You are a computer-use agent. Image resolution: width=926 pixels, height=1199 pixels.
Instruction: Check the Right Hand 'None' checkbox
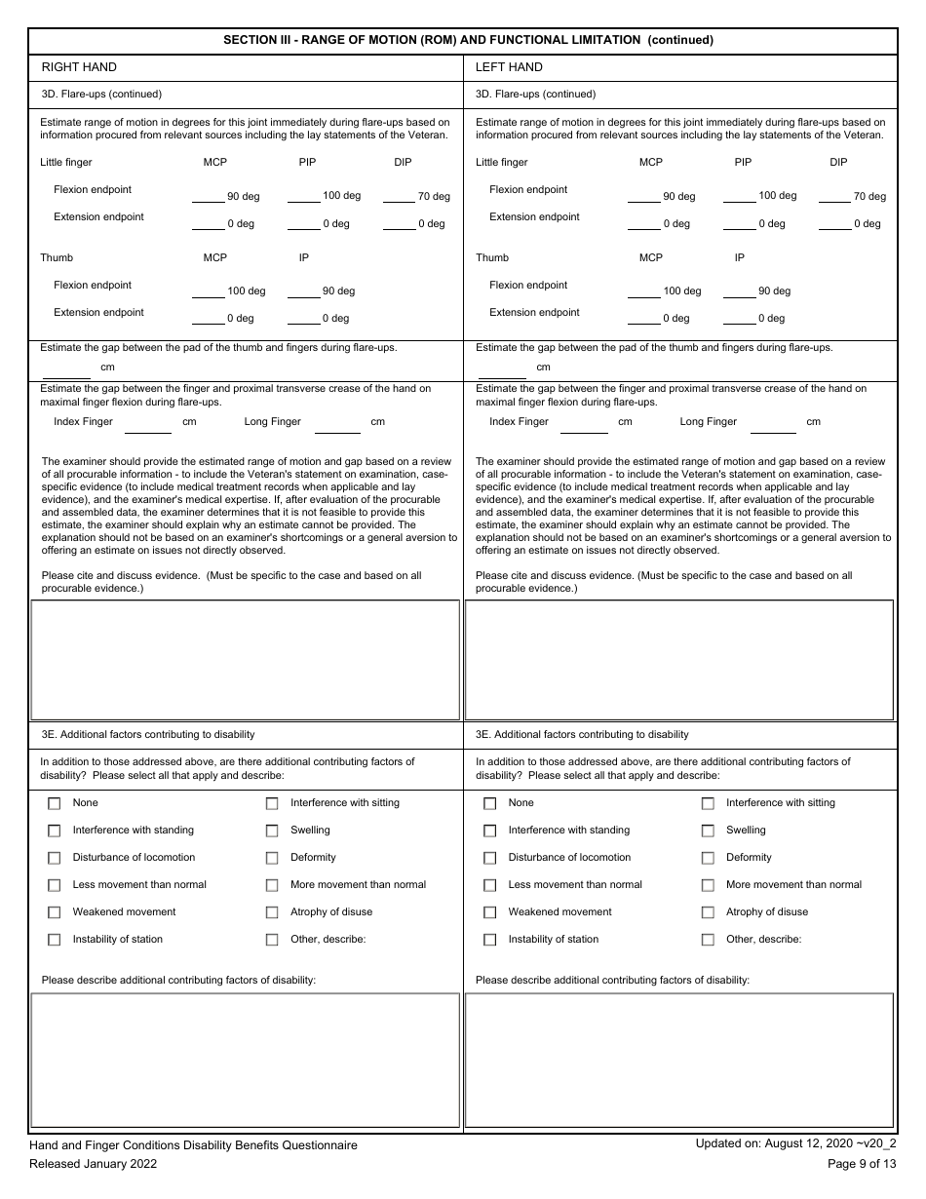[55, 804]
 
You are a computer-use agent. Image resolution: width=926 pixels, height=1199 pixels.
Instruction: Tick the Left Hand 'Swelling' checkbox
[708, 832]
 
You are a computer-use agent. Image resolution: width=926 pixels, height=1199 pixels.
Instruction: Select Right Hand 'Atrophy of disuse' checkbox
[272, 913]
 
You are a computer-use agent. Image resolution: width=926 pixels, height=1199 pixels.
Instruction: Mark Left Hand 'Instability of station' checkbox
[490, 941]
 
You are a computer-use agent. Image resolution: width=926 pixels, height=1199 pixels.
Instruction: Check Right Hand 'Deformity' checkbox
[272, 859]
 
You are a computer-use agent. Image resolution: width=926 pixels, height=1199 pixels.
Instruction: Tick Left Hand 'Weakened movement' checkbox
[490, 913]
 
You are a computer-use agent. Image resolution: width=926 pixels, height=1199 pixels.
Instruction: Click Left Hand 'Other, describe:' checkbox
[708, 941]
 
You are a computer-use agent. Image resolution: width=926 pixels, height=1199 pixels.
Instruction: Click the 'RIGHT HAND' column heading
[79, 67]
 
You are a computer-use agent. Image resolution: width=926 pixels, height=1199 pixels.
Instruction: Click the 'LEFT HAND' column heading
[509, 67]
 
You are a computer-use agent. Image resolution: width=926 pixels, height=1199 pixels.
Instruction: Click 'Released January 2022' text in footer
[93, 1164]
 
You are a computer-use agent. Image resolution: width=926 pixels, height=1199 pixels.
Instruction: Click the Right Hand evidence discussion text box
[245, 660]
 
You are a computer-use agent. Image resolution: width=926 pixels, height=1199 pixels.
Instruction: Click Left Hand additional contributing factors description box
[679, 1060]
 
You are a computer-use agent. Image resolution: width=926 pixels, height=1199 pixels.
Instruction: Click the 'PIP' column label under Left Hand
[743, 163]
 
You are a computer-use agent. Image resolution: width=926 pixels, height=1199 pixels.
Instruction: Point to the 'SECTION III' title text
[468, 40]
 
